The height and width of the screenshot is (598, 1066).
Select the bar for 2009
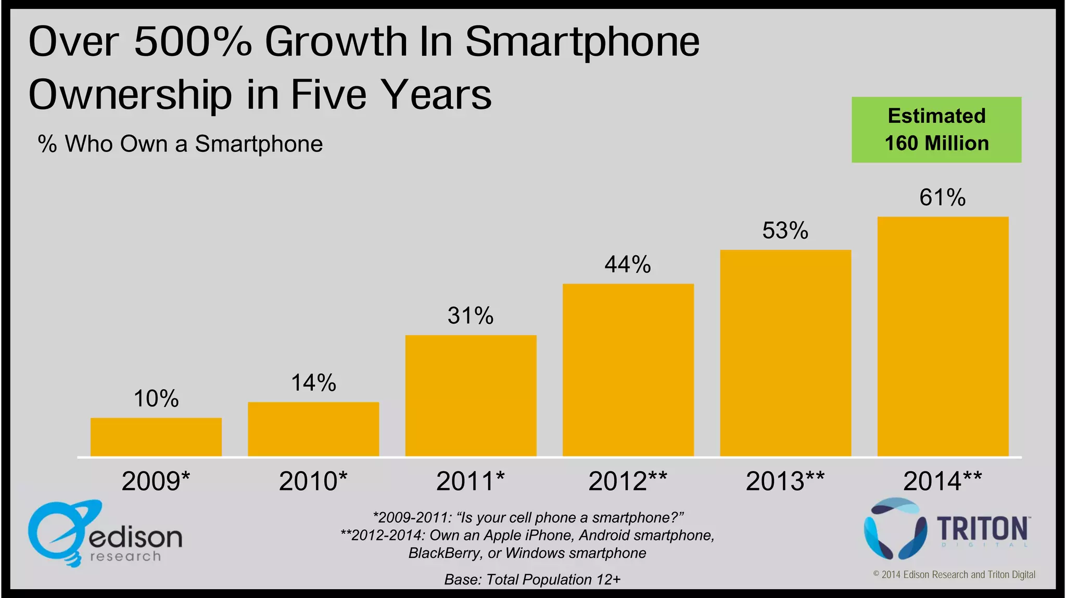pos(156,437)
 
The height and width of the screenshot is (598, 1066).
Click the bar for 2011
pos(471,396)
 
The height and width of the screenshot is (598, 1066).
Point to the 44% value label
pos(628,264)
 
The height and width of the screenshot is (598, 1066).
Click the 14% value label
pos(313,383)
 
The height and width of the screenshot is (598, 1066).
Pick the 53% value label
pos(785,231)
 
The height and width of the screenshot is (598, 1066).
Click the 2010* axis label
pos(313,481)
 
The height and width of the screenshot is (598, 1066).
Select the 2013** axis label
pos(785,481)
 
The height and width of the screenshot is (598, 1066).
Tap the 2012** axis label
pos(628,481)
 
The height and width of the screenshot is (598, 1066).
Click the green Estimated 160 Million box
pos(936,130)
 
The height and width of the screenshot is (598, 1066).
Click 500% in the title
pos(193,42)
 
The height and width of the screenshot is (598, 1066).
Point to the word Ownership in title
pos(130,95)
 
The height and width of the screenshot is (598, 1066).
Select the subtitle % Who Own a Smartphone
pos(180,144)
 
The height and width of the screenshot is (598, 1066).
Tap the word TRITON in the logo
pos(983,529)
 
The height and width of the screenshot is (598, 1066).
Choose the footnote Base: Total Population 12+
pos(532,579)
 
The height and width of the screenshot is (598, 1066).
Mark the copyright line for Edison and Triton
pos(954,575)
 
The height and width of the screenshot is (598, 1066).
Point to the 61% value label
pos(942,198)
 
